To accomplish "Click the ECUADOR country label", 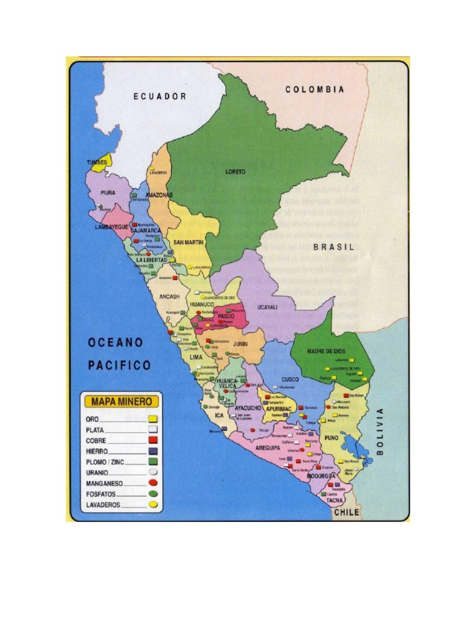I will [160, 96].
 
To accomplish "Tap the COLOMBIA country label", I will [315, 90].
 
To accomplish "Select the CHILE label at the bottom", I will [346, 513].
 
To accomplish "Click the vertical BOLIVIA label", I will [380, 432].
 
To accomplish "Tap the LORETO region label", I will [236, 172].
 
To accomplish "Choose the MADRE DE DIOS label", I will [326, 351].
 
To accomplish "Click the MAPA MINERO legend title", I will [121, 402].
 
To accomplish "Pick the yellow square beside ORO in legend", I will [152, 419].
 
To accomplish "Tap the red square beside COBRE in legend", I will [152, 440].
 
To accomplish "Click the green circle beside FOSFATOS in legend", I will [152, 494].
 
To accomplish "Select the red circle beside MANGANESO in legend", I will [152, 483].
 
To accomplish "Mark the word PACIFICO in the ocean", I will [119, 365].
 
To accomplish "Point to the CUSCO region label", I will [290, 379].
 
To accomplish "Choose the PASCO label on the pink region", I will [225, 316].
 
